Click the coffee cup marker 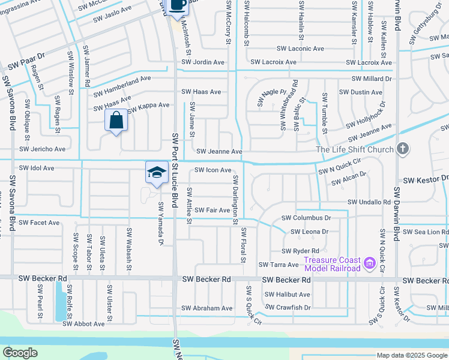point(178,5)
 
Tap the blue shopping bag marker point(116,120)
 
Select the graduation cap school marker point(156,172)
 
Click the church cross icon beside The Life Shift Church point(403,148)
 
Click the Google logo point(20,352)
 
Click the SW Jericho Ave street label point(42,149)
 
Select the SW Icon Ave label point(209,170)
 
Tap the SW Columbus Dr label point(306,218)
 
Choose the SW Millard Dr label point(372,79)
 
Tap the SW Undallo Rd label point(369,203)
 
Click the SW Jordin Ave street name point(204,62)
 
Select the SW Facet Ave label point(39,223)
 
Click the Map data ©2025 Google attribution point(411,356)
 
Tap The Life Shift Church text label point(355,149)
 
